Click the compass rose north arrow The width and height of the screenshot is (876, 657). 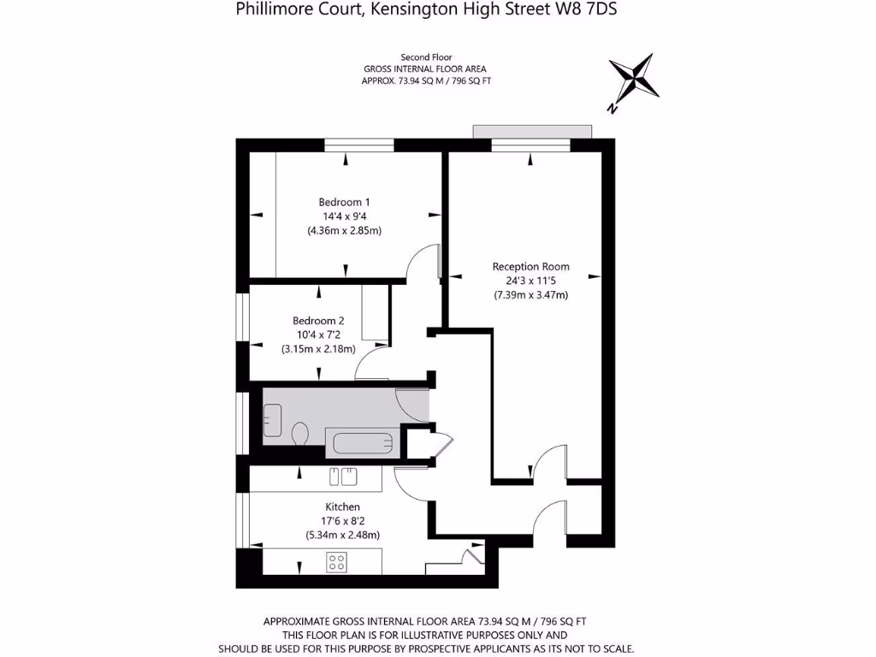[634, 81]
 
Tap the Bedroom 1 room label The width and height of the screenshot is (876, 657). [344, 202]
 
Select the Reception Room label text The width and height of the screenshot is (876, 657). [530, 267]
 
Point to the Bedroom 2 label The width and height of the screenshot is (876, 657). [317, 321]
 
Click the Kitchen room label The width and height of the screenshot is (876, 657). [342, 507]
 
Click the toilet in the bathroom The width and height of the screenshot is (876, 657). [300, 435]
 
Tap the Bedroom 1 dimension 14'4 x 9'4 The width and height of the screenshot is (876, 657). [344, 216]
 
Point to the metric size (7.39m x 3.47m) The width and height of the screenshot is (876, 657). [530, 295]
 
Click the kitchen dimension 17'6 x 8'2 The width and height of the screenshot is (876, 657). [342, 521]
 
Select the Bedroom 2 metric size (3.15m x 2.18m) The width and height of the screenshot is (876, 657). [318, 349]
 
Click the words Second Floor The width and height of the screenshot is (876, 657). [427, 56]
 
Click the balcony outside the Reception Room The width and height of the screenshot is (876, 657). [531, 130]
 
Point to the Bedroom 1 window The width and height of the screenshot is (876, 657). [358, 144]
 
